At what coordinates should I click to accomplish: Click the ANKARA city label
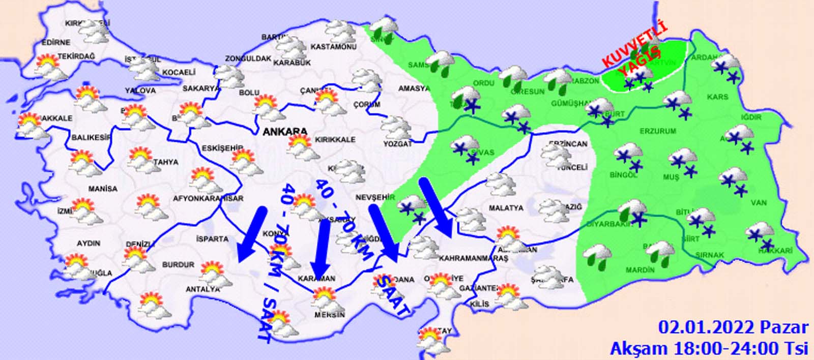(x=285, y=132)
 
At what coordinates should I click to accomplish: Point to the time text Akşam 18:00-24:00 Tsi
(x=709, y=348)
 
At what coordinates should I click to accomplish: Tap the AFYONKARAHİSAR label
(x=208, y=199)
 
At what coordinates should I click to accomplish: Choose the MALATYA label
(x=506, y=208)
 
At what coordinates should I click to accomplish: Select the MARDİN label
(x=640, y=270)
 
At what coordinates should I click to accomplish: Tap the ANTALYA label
(x=202, y=289)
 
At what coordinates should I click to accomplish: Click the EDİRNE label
(x=56, y=42)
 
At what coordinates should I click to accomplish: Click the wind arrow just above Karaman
(x=321, y=247)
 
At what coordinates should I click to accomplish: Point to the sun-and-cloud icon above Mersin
(x=325, y=298)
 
